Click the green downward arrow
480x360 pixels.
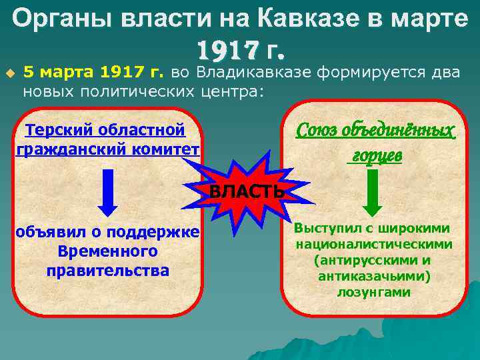(373, 191)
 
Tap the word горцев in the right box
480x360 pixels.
(375, 155)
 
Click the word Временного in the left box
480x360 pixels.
(107, 251)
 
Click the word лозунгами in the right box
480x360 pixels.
(373, 292)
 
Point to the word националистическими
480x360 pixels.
(373, 244)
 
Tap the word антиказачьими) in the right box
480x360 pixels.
(373, 276)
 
